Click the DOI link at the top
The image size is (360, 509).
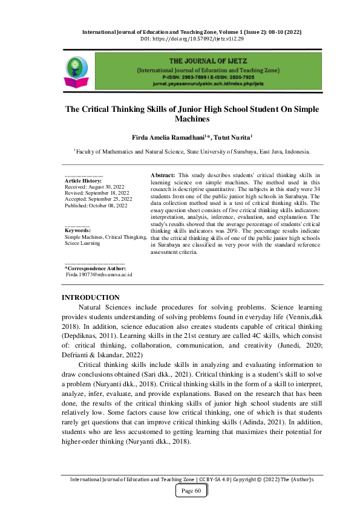180,38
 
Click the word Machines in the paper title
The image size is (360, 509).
180,120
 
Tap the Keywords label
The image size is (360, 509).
77,230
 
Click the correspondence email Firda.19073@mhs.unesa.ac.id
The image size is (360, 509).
99,274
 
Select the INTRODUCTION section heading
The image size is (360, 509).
91,297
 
